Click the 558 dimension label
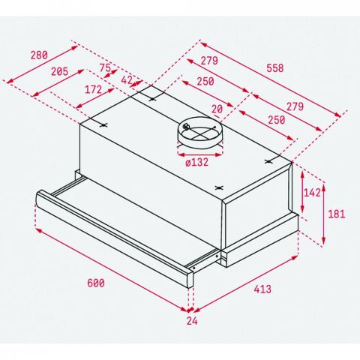tap(275, 68)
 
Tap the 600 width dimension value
tap(96, 283)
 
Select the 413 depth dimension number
tap(262, 289)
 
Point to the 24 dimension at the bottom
tap(192, 321)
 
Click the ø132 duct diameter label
tap(197, 163)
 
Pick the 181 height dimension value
tap(336, 214)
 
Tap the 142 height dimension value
tap(312, 193)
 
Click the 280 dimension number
tap(39, 55)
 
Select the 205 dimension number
tap(59, 72)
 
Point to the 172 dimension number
tap(93, 89)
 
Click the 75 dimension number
tap(105, 67)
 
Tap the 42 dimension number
tap(127, 80)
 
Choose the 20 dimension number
tap(217, 109)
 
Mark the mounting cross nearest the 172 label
tap(103, 125)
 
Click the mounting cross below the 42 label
tap(152, 100)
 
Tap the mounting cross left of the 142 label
tap(268, 161)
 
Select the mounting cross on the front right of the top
tap(219, 187)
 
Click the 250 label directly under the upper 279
tap(205, 82)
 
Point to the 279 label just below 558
tap(295, 106)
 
